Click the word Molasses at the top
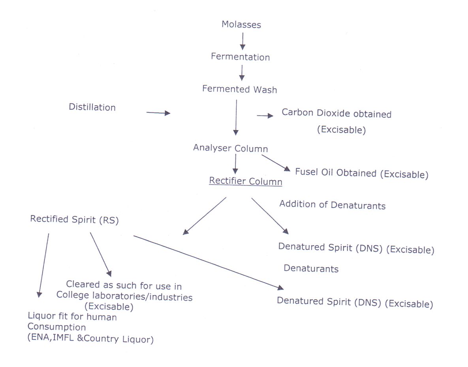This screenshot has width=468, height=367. tap(241, 24)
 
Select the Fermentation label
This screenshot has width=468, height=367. tap(240, 57)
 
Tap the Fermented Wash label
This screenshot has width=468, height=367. tap(239, 89)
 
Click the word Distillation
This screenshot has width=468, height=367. tap(92, 107)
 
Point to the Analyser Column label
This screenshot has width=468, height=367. tap(230, 148)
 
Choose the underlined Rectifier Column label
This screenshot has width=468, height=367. tap(245, 181)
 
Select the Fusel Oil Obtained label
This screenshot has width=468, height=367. tap(361, 173)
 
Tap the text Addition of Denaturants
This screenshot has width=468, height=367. tap(332, 204)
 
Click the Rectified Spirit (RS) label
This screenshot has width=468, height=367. tap(74, 219)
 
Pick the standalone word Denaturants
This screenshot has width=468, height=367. tap(311, 268)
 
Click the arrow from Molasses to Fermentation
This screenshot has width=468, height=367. tap(242, 41)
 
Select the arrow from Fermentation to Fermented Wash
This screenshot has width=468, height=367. tap(242, 73)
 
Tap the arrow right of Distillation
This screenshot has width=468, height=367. tap(158, 113)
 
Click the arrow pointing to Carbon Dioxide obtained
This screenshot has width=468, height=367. tap(265, 116)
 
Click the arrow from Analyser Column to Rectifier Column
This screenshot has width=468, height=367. tap(235, 164)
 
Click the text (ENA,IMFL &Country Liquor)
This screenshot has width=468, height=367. tap(90, 339)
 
